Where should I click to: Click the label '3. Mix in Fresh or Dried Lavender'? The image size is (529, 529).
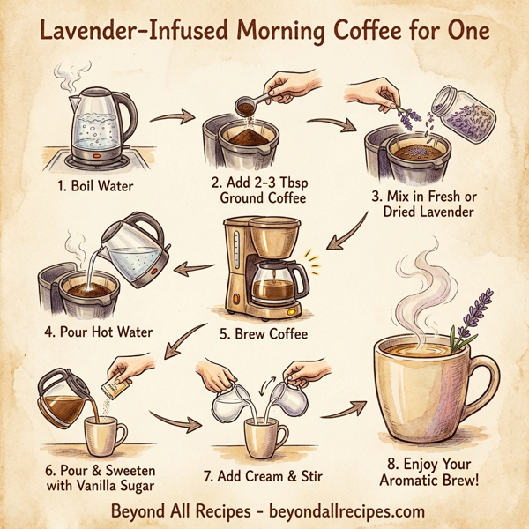(423, 204)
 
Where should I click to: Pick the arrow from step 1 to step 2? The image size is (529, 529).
(175, 116)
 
